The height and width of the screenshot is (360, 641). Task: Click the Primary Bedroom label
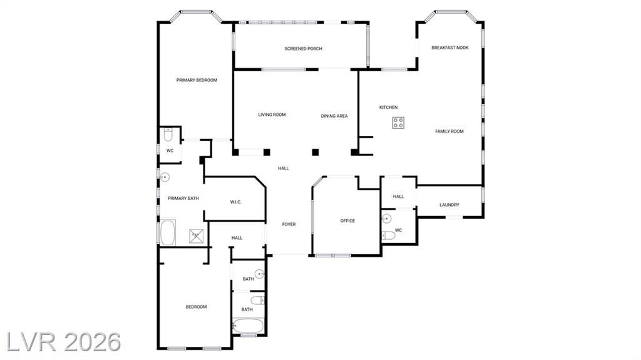click(197, 80)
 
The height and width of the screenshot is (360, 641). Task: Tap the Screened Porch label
click(304, 49)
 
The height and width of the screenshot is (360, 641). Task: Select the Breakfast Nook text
click(450, 48)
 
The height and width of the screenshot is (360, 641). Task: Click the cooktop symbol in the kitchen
click(398, 123)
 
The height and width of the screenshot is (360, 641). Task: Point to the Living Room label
click(272, 115)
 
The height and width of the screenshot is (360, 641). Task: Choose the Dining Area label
click(334, 116)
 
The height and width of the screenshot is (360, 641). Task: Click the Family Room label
click(449, 131)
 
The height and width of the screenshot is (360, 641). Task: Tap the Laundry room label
click(449, 205)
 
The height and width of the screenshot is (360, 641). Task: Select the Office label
click(347, 221)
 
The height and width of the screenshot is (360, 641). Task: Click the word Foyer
click(289, 224)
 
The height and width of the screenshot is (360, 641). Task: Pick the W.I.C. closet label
click(236, 202)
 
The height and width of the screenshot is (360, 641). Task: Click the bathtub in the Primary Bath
click(168, 232)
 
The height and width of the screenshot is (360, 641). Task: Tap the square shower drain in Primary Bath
click(195, 236)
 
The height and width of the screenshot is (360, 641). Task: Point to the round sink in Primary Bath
click(165, 177)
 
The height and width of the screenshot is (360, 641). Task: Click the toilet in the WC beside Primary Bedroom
click(168, 135)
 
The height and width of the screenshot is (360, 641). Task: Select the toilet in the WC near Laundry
click(388, 235)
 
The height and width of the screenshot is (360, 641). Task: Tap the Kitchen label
click(388, 107)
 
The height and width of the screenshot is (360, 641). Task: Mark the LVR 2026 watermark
click(64, 342)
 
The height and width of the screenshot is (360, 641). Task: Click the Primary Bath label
click(183, 198)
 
